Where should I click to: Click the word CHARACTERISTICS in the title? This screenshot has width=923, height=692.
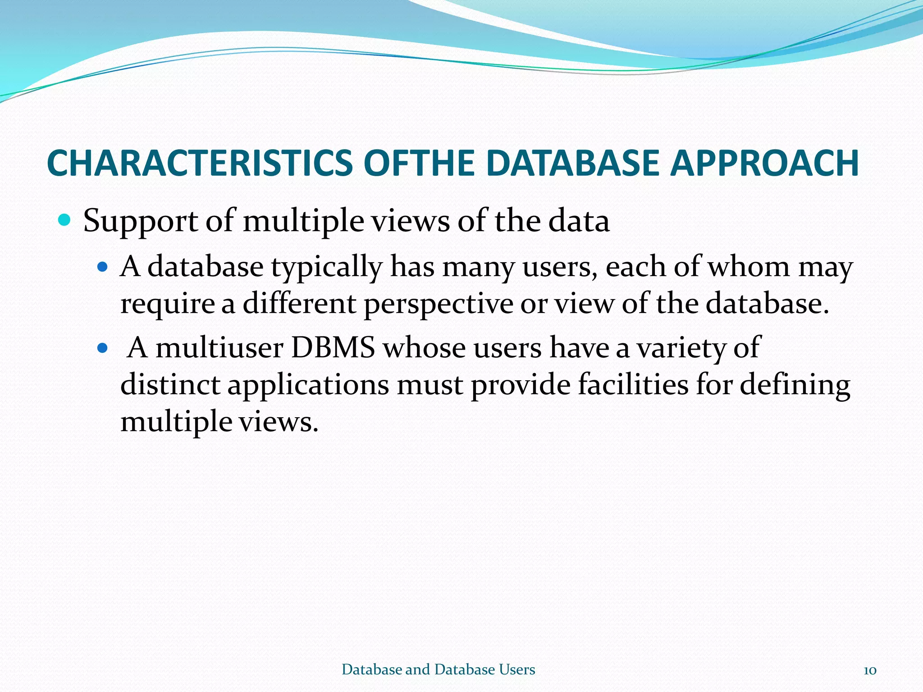200,163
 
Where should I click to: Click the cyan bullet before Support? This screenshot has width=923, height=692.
64,220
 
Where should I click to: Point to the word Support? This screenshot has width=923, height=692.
140,222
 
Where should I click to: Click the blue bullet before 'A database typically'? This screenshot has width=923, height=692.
103,267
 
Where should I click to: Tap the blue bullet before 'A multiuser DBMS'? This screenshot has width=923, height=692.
103,348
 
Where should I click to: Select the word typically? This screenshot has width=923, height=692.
326,268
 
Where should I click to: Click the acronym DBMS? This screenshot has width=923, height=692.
333,348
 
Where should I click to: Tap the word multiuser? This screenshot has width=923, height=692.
219,348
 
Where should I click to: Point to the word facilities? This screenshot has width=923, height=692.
633,385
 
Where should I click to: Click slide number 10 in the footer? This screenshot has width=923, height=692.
870,670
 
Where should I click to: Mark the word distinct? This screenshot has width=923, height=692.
170,385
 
